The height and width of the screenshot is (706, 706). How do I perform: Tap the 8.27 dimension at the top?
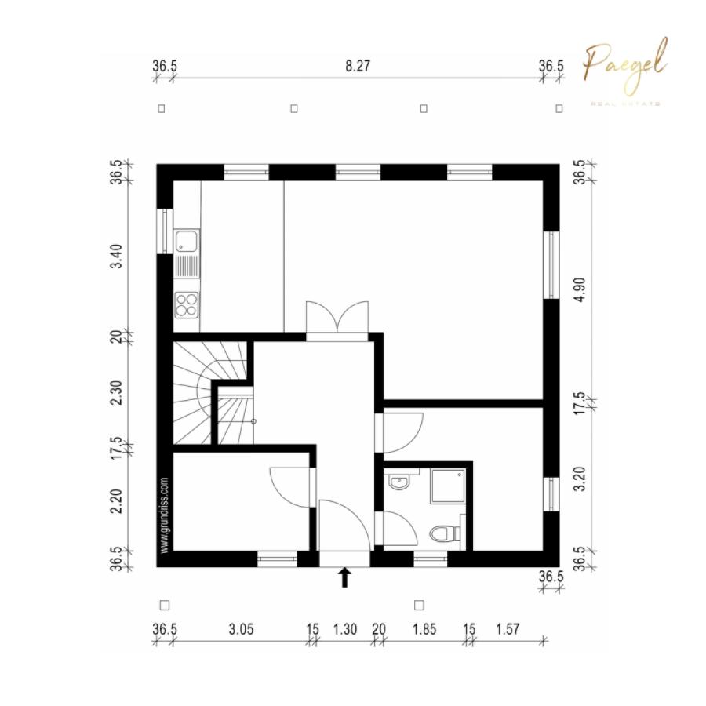358,67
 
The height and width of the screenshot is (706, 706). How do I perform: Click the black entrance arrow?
344,577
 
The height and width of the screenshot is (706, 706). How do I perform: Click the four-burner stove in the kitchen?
187,304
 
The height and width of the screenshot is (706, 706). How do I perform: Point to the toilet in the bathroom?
445,533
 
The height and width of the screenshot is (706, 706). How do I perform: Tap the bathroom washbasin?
399,480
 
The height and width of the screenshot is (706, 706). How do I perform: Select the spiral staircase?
206,392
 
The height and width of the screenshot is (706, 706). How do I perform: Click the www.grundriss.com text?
165,515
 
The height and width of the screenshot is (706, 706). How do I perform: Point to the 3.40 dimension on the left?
116,257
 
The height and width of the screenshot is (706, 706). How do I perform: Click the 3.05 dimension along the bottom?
240,629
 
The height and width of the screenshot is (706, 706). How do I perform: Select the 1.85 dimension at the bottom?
424,629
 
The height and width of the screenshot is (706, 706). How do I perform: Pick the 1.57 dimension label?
508,629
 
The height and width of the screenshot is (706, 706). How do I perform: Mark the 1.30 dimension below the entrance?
345,629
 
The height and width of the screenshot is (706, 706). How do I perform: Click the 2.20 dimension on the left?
116,500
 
